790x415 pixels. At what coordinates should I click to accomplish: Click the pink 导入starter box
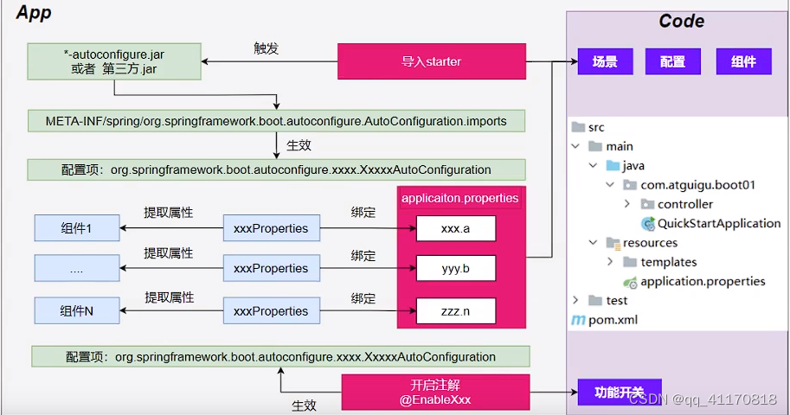(x=431, y=62)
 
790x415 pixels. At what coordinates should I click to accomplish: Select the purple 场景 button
(x=605, y=61)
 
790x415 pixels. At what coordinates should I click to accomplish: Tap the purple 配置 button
(x=673, y=61)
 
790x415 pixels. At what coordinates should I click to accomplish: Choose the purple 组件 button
(x=743, y=61)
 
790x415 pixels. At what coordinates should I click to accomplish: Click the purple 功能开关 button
(x=619, y=392)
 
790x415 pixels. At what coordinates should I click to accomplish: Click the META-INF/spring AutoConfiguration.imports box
(x=276, y=120)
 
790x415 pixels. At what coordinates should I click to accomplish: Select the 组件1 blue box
(x=77, y=228)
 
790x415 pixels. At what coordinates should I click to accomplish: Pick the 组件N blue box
(x=77, y=310)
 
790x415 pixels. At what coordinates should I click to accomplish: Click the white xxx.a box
(x=455, y=228)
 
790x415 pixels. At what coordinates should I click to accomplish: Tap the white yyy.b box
(x=455, y=269)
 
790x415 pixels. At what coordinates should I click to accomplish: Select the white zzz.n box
(x=455, y=310)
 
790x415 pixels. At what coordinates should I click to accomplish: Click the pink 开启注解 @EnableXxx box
(x=435, y=393)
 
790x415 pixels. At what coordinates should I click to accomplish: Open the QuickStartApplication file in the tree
(x=718, y=223)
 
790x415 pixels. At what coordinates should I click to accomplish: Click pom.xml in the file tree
(x=613, y=320)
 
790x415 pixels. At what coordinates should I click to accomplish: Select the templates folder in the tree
(x=668, y=262)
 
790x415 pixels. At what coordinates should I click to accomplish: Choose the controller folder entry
(x=684, y=204)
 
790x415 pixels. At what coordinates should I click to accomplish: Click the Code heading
(x=682, y=22)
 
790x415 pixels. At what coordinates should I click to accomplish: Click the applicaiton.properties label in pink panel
(x=460, y=198)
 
